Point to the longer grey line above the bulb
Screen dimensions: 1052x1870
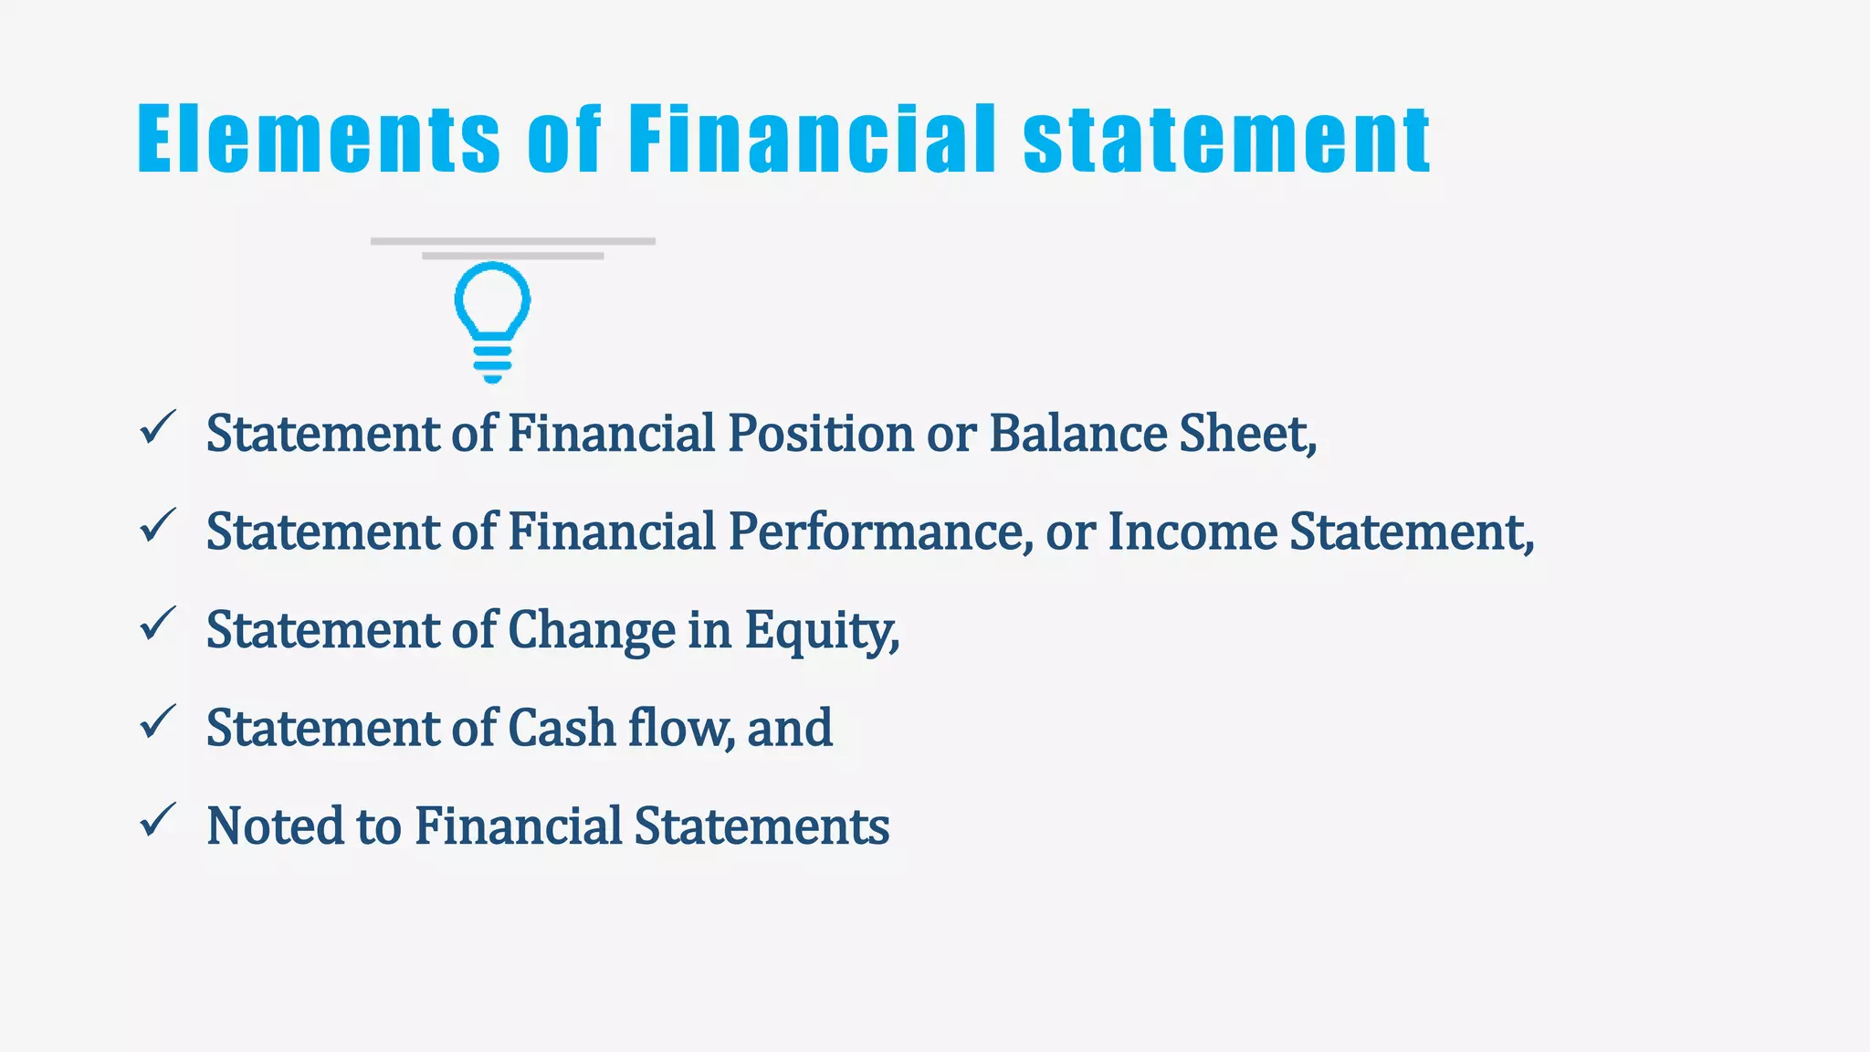coord(512,241)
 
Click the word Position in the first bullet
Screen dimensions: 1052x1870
coord(820,433)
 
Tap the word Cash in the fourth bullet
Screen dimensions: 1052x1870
coord(561,728)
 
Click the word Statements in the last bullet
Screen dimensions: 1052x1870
coord(762,826)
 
